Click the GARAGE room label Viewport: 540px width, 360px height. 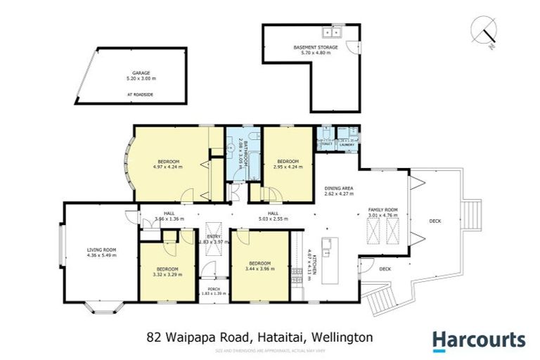(141, 72)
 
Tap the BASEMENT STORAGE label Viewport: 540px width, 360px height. (315, 47)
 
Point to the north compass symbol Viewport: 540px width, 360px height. (486, 31)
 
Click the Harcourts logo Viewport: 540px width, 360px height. (478, 340)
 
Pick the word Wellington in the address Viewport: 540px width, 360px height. (344, 337)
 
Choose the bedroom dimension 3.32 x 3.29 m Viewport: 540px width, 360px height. (167, 274)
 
